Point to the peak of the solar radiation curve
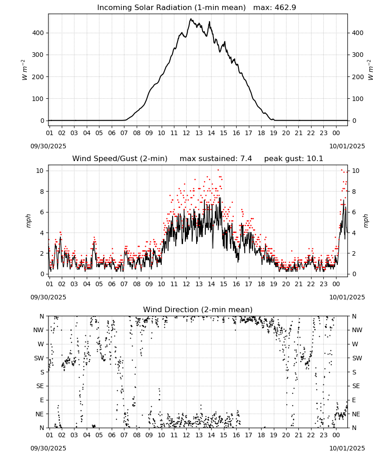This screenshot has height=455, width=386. pyautogui.click(x=191, y=19)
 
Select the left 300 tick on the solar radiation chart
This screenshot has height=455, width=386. pyautogui.click(x=38, y=55)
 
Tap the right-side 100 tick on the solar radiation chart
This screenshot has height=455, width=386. pyautogui.click(x=358, y=99)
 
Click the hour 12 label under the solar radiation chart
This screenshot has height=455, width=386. pyautogui.click(x=186, y=133)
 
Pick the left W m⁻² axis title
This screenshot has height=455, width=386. pyautogui.click(x=25, y=70)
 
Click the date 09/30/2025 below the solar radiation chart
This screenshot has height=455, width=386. pyautogui.click(x=48, y=146)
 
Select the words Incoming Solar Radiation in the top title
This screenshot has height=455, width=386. pyautogui.click(x=144, y=8)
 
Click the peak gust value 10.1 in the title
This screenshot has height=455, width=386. pyautogui.click(x=315, y=159)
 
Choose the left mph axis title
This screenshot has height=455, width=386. pyautogui.click(x=28, y=221)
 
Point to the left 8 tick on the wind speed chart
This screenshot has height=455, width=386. pyautogui.click(x=42, y=192)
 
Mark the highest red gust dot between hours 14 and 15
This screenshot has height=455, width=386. pyautogui.click(x=218, y=170)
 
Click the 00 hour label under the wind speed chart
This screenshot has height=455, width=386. pyautogui.click(x=336, y=284)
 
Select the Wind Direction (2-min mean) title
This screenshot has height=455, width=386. pyautogui.click(x=198, y=309)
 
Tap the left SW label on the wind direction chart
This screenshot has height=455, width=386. pyautogui.click(x=39, y=359)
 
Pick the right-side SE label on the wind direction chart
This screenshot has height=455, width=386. pyautogui.click(x=356, y=386)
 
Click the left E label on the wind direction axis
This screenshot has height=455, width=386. pyautogui.click(x=42, y=400)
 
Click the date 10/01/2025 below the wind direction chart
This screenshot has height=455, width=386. pyautogui.click(x=347, y=448)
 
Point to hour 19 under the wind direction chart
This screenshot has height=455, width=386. pyautogui.click(x=273, y=435)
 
